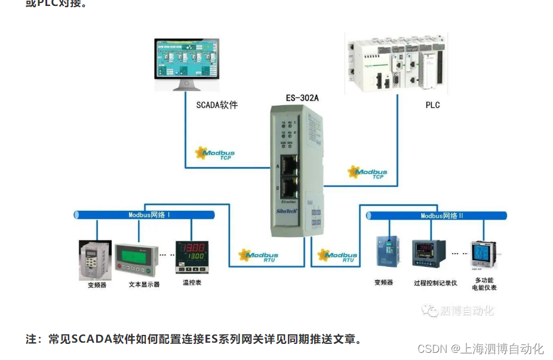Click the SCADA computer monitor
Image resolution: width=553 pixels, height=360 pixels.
[x=186, y=63]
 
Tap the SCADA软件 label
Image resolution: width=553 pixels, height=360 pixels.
[x=217, y=105]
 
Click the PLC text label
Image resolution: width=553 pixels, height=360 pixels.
[x=432, y=105]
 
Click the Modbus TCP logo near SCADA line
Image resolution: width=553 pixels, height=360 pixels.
[x=216, y=153]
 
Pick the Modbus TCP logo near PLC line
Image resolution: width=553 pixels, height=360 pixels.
[x=368, y=173]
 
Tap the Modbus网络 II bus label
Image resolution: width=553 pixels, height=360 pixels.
[x=442, y=216]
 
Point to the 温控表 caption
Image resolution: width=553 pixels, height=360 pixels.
[x=192, y=282]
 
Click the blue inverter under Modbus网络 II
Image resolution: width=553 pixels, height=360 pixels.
[x=384, y=253]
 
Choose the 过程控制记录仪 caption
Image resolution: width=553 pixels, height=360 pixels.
[x=435, y=283]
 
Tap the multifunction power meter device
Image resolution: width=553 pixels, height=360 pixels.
[x=484, y=255]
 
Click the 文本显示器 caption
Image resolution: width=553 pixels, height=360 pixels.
[x=144, y=284]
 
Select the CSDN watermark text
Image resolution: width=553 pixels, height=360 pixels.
[x=480, y=349]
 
